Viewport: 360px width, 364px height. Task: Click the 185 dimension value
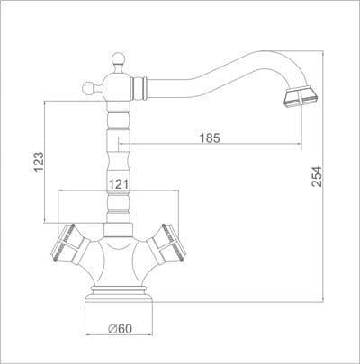coord(210,138)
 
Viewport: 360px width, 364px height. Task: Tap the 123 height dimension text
coord(39,162)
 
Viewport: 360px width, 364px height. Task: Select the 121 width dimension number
coord(118,184)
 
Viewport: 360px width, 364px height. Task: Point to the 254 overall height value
coord(317,176)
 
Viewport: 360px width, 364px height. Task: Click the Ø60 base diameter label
coord(120,329)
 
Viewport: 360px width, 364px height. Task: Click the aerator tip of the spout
coord(301,97)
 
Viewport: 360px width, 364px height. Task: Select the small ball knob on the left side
coord(87,88)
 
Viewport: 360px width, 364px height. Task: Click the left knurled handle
coord(70,244)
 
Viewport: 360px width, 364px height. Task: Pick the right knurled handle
coord(166,244)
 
